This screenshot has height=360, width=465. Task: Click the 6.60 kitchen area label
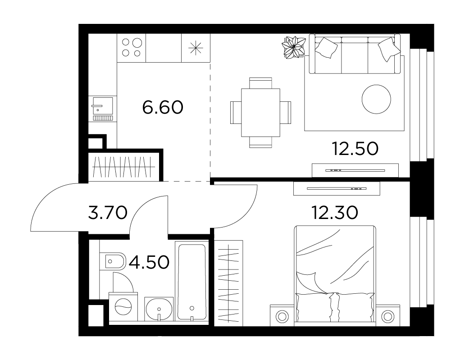click(x=163, y=107)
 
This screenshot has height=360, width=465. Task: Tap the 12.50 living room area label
click(x=355, y=149)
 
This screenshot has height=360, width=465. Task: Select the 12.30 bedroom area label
click(x=335, y=213)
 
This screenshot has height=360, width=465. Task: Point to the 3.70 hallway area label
click(x=108, y=213)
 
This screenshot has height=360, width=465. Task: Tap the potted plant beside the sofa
click(x=294, y=47)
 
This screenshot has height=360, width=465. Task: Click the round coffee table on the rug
click(x=376, y=99)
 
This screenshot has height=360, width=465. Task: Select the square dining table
click(x=260, y=112)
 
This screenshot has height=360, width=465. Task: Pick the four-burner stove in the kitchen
click(x=132, y=48)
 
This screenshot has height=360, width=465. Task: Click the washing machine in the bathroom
click(x=123, y=307)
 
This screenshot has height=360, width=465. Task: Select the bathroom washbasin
click(x=159, y=309)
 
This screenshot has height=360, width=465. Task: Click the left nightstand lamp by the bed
click(x=282, y=316)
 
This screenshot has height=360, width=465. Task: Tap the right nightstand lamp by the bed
click(x=387, y=316)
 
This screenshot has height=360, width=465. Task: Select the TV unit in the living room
click(x=355, y=170)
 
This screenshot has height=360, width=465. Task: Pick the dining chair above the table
click(x=260, y=83)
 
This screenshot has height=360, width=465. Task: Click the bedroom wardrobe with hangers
click(x=228, y=283)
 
